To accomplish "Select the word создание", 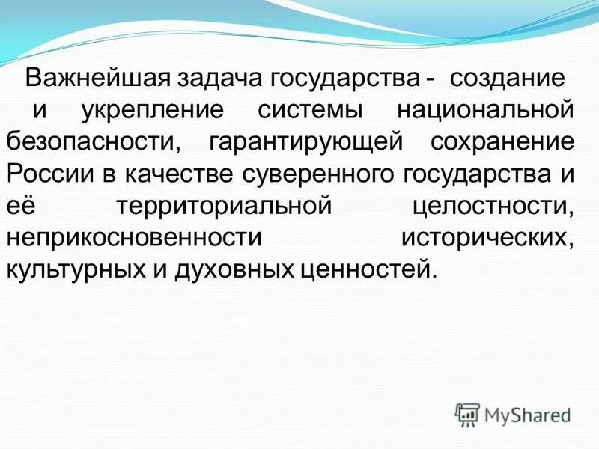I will click(x=505, y=79).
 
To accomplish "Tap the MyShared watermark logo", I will click(x=513, y=414).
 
